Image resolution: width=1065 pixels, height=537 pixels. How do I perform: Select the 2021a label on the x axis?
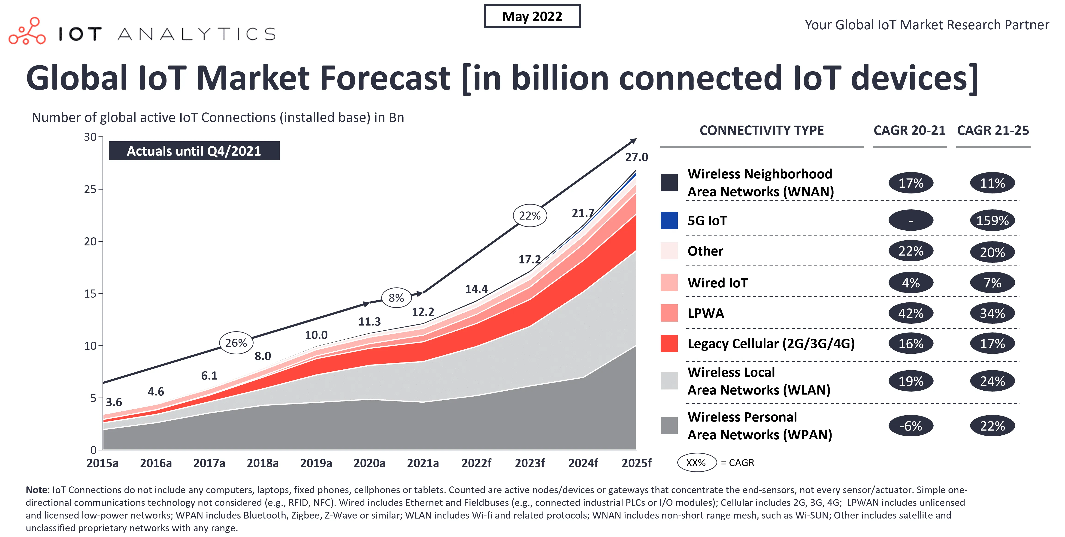coord(423,463)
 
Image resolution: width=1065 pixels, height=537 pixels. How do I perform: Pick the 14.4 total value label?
coord(476,289)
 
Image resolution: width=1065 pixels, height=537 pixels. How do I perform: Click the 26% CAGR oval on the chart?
coord(236,343)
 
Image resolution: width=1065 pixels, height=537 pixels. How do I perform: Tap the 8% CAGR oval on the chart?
coord(396,298)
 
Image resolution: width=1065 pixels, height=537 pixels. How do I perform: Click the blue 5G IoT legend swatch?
coord(669,220)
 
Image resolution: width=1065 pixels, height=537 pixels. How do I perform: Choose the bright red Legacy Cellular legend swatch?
coord(669,343)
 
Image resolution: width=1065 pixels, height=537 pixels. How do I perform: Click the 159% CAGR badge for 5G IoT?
coord(992,220)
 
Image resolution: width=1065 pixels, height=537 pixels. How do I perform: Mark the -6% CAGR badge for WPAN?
coord(911,426)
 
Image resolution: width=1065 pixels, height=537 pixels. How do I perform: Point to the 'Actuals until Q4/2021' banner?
coord(194,151)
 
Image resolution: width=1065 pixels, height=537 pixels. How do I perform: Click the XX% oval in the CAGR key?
coord(696,463)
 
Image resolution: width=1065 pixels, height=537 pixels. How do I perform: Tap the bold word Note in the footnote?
coord(36,490)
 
